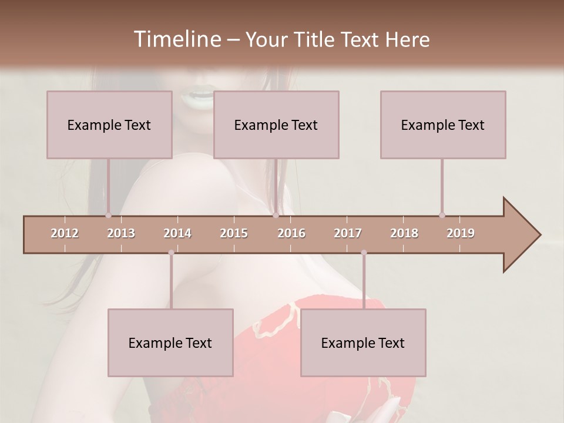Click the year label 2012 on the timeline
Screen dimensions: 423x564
pos(65,233)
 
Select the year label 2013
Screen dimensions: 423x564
pos(121,233)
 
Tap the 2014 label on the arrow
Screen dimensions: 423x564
pos(177,233)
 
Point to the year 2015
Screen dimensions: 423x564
pos(234,233)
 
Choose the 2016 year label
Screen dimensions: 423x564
pos(291,233)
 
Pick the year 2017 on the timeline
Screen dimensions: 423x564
pos(348,233)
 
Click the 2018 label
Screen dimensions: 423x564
pos(404,233)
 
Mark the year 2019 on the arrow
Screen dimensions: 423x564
pos(461,233)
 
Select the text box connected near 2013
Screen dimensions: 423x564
pos(109,125)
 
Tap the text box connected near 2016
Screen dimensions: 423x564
pos(276,125)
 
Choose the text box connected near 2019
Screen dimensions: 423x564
pos(443,125)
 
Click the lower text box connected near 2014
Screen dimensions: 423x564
pos(170,343)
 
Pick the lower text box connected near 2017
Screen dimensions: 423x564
pos(363,343)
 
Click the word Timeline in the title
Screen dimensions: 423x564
pos(176,39)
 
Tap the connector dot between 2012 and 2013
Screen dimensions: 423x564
pos(108,216)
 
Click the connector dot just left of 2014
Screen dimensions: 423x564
pos(171,253)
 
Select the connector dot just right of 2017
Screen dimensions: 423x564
pos(364,253)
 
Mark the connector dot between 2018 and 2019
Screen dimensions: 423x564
pos(442,216)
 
